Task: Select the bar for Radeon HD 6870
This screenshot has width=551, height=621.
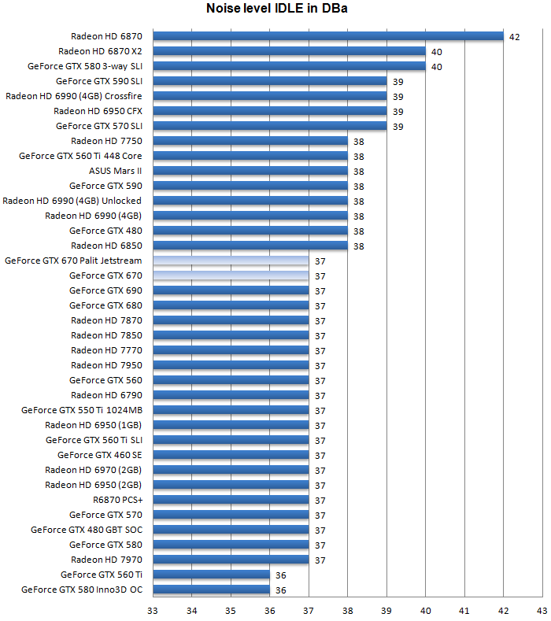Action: (x=327, y=35)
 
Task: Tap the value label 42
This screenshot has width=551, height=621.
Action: (x=515, y=36)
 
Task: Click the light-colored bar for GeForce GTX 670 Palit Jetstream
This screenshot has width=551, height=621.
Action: (x=231, y=261)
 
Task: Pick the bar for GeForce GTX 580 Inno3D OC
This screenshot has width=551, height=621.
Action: (x=211, y=590)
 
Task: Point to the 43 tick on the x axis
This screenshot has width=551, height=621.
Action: (x=541, y=610)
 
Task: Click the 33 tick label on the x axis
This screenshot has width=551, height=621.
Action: (x=153, y=610)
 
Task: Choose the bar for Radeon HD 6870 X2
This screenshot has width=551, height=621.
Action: (x=289, y=50)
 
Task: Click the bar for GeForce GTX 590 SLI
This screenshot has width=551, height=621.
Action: (x=269, y=80)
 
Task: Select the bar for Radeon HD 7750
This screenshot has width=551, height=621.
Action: (x=250, y=141)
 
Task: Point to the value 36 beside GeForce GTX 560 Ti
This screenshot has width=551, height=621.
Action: (x=281, y=575)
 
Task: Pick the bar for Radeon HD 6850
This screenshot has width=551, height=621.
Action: (x=250, y=246)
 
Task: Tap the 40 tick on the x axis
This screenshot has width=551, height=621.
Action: (x=425, y=610)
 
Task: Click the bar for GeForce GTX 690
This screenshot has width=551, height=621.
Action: (x=231, y=290)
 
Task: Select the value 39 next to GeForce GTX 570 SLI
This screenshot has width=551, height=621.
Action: (x=398, y=126)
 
